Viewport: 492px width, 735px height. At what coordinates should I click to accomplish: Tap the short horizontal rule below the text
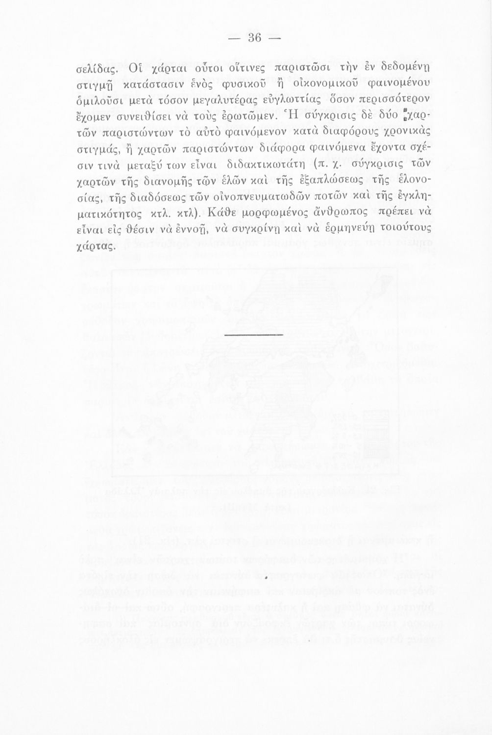251,334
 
